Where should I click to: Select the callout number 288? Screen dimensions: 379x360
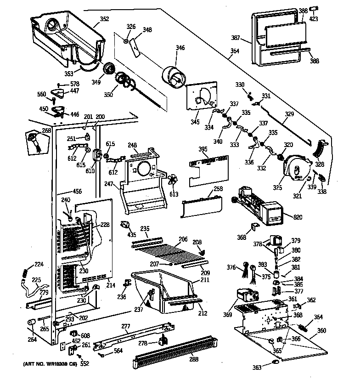coord(194,359)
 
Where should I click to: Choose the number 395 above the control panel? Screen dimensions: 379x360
coord(203,149)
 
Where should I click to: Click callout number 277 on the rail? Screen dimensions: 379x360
coord(126,326)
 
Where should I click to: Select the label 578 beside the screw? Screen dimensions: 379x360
coord(74,84)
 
